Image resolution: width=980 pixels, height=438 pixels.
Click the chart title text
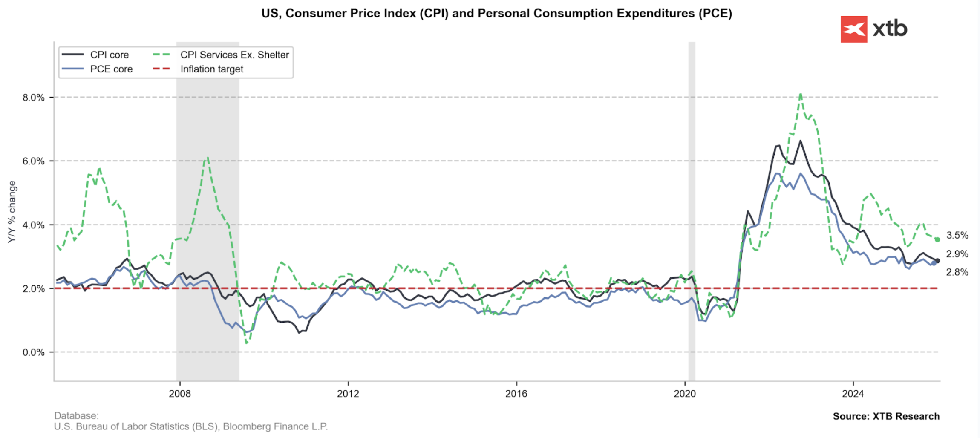click(x=496, y=14)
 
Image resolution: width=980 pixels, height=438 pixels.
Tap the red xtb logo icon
click(x=853, y=29)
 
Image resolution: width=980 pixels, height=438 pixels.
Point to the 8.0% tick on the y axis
click(x=34, y=98)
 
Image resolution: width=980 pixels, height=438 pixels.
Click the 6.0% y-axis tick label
click(x=34, y=161)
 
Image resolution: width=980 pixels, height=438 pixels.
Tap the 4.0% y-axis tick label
click(x=34, y=225)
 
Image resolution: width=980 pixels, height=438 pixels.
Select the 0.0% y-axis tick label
click(x=34, y=352)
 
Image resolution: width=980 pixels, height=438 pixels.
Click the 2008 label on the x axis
click(x=179, y=394)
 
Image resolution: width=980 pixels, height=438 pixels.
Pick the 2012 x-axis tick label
click(x=348, y=394)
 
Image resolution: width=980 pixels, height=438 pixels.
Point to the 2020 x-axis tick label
click(x=684, y=394)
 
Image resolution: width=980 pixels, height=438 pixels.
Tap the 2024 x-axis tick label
click(x=853, y=394)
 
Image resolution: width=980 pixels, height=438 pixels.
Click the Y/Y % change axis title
click(x=12, y=212)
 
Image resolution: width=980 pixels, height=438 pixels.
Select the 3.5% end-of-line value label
click(x=957, y=235)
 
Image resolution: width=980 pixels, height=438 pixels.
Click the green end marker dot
click(x=937, y=239)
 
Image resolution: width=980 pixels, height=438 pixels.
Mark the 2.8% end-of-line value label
click(x=957, y=272)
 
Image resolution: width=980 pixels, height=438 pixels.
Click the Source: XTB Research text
click(x=886, y=416)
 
